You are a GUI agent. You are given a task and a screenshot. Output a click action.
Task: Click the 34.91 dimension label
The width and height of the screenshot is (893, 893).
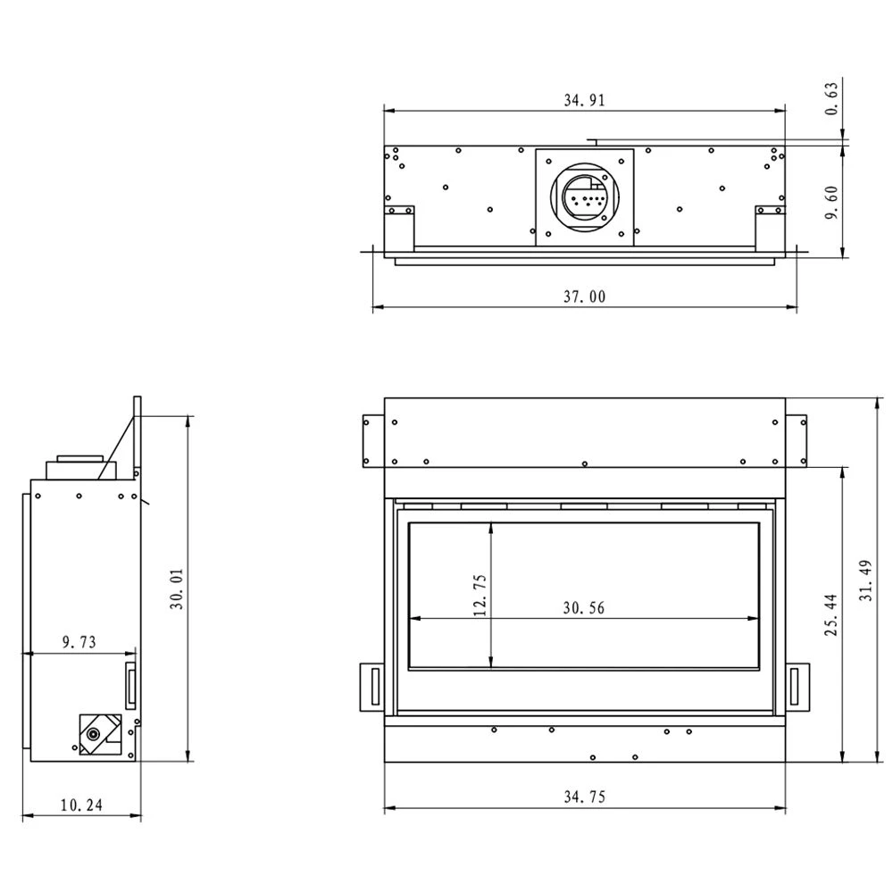click(x=584, y=100)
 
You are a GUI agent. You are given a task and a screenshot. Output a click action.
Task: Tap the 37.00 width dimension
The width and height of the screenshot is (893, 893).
click(x=584, y=296)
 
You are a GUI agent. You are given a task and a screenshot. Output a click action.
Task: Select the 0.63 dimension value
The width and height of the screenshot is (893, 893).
click(x=831, y=99)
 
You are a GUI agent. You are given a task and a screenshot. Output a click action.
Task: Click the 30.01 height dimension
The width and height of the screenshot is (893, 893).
click(x=177, y=588)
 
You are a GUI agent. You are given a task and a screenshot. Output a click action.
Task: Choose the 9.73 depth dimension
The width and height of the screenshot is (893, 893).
click(x=79, y=642)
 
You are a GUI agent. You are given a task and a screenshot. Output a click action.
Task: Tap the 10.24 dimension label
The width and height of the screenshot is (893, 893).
click(x=81, y=805)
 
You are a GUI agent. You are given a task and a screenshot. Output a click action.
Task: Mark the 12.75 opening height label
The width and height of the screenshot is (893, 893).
click(x=480, y=595)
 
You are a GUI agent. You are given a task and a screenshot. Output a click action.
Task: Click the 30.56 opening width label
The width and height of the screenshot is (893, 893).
click(x=584, y=608)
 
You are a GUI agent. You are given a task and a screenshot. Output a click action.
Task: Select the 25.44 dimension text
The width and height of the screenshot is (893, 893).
click(x=831, y=615)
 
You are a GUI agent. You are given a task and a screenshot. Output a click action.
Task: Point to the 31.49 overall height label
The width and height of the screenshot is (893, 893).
click(x=865, y=581)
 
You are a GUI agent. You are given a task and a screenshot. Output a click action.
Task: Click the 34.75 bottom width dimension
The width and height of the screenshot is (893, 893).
click(x=584, y=797)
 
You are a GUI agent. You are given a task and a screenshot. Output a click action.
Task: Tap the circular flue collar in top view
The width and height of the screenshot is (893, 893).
click(x=584, y=197)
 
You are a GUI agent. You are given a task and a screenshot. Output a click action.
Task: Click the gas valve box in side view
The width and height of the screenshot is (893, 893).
click(x=100, y=735)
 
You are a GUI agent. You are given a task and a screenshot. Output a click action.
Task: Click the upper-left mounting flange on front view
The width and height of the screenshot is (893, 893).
click(x=373, y=441)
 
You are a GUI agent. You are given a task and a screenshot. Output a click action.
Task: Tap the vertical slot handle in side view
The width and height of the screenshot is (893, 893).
click(x=131, y=686)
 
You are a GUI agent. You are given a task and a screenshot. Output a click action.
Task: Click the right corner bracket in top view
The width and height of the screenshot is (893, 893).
click(x=770, y=227)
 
